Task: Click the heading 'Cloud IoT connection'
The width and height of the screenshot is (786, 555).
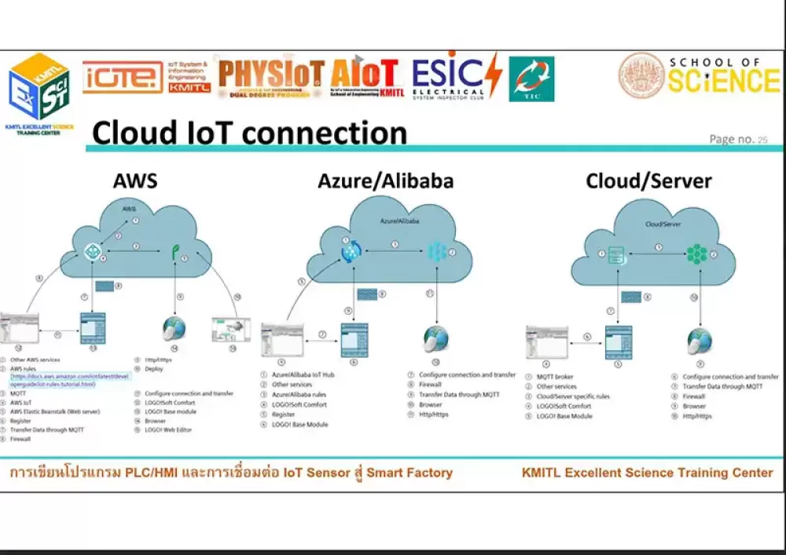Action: click(x=249, y=133)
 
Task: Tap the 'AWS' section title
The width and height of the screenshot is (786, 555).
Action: click(x=135, y=181)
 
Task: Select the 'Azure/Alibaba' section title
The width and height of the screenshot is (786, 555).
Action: click(x=385, y=181)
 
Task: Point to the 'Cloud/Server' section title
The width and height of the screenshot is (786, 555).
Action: click(x=648, y=181)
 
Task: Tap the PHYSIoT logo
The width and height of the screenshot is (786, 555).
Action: click(x=271, y=77)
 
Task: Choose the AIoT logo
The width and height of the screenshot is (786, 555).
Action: click(x=367, y=77)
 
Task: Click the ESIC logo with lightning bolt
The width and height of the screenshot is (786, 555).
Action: click(x=456, y=77)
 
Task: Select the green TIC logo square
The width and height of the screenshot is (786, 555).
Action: click(x=531, y=79)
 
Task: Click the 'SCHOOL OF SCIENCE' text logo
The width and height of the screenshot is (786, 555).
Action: click(x=723, y=76)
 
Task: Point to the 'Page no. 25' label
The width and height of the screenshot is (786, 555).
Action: click(x=738, y=140)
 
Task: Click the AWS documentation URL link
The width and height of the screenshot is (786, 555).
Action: click(x=71, y=380)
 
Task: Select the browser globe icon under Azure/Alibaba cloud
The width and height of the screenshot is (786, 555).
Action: click(x=435, y=339)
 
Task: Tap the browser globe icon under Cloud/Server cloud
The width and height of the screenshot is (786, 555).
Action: click(x=699, y=341)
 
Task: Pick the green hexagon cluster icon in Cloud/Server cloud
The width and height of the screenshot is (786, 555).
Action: click(x=696, y=254)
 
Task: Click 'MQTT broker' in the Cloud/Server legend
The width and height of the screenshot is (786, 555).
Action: click(x=555, y=378)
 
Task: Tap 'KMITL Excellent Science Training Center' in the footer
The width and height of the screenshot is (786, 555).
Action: click(x=647, y=473)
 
